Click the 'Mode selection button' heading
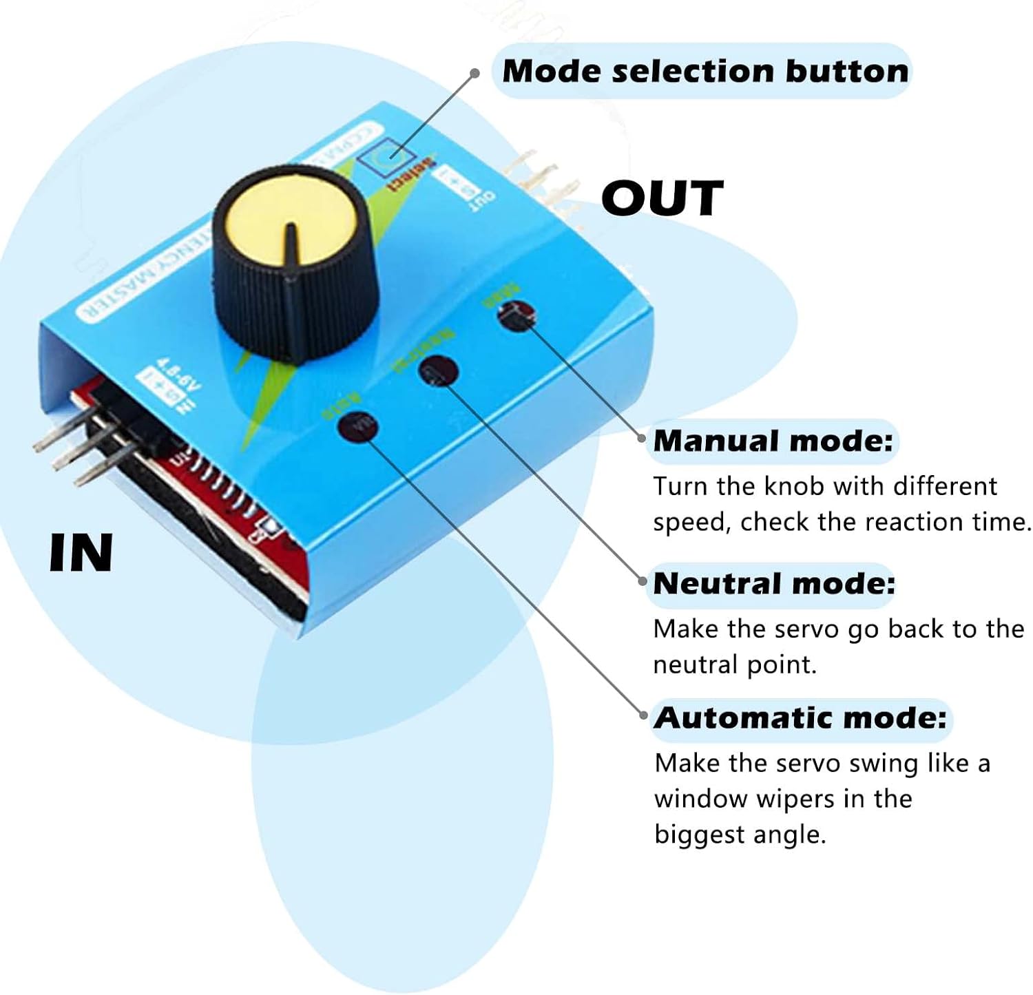point(705,71)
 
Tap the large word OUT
point(662,198)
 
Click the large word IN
point(81,553)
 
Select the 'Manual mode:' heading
point(773,441)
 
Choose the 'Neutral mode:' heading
point(773,583)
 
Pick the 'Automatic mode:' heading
point(800,718)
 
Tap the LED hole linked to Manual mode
point(516,316)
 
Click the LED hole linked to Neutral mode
point(438,371)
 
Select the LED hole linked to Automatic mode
point(359,427)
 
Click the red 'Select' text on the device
point(411,175)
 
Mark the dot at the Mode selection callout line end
point(474,73)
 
